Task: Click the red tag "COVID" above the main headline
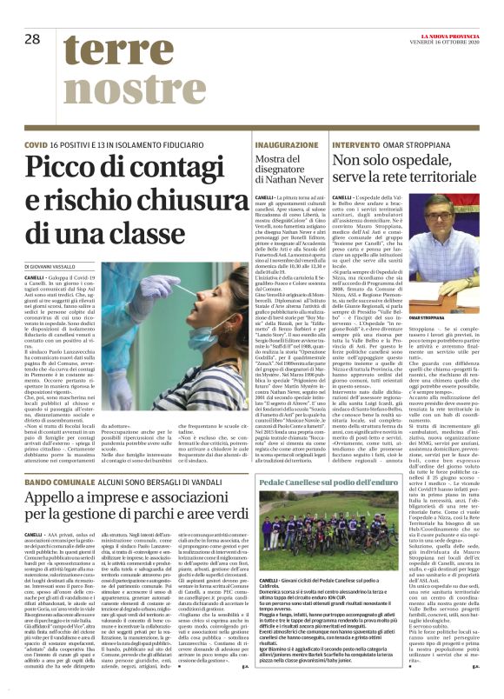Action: (x=36, y=143)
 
